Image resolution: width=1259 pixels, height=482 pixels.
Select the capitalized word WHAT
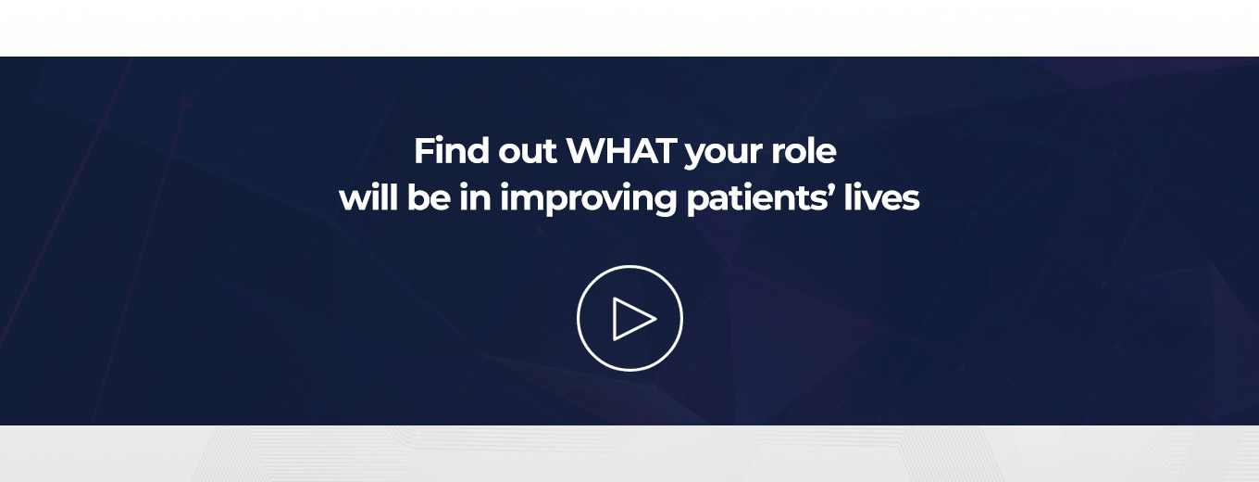[621, 151]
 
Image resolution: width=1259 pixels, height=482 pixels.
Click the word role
[804, 151]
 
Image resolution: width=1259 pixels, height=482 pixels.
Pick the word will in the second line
[368, 197]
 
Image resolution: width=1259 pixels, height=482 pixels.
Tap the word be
[429, 197]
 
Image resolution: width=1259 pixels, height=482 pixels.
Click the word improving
[589, 200]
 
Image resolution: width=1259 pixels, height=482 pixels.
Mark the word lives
[882, 197]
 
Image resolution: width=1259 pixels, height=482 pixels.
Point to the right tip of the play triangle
[656, 319]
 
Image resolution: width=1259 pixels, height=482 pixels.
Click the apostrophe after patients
[830, 190]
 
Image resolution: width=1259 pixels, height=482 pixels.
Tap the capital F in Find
[425, 151]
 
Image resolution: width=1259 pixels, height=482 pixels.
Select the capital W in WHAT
[587, 151]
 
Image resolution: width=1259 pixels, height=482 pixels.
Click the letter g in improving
[666, 203]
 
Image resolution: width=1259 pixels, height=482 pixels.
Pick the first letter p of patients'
[698, 203]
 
